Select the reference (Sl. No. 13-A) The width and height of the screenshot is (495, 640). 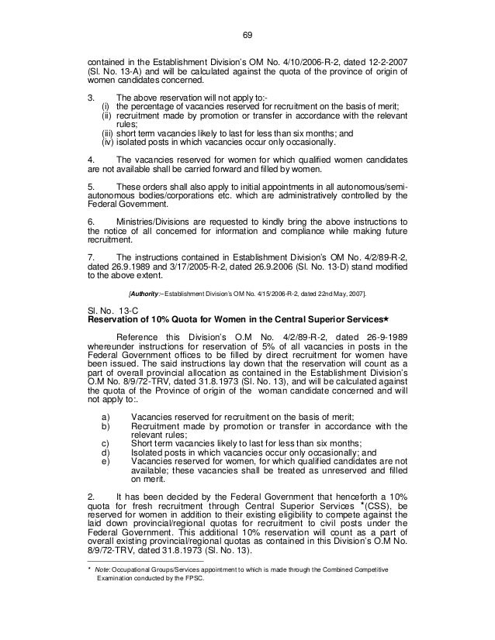coord(117,74)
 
